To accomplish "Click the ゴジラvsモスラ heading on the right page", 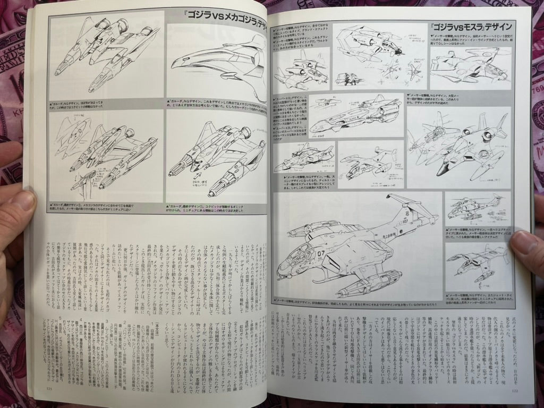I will (x=471, y=27).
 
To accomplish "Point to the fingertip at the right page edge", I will (x=526, y=244).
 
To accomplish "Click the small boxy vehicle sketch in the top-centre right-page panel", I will (x=351, y=80).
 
